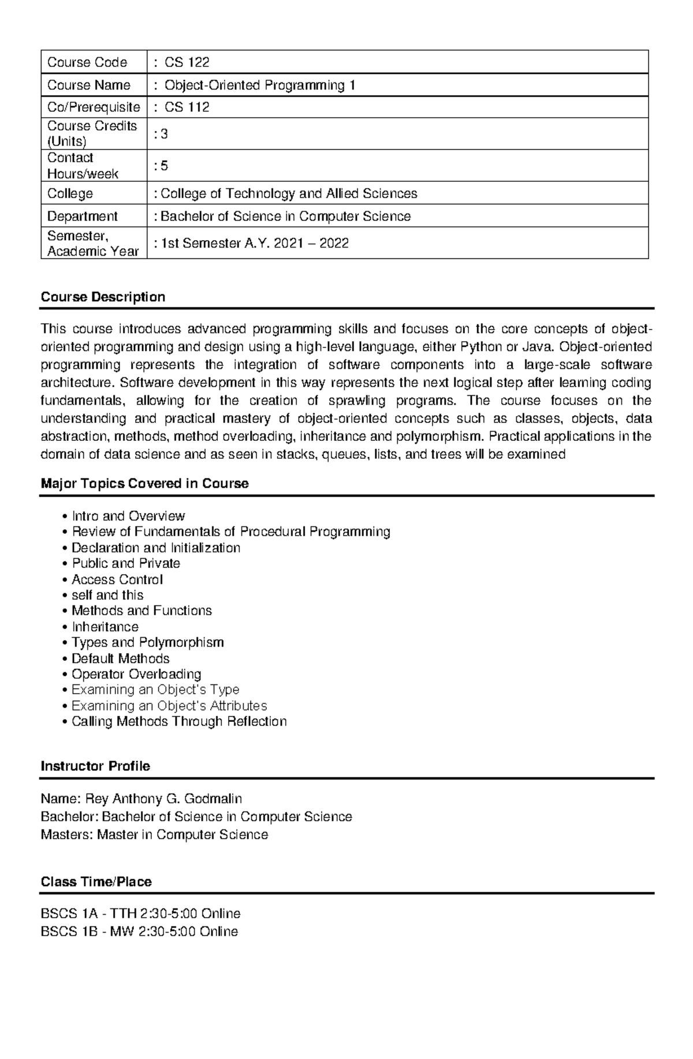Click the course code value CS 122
187,62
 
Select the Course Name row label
89,85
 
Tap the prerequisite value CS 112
187,107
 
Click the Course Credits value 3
164,134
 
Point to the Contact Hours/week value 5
164,166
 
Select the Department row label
82,216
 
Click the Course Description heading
103,297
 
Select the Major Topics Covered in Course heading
144,484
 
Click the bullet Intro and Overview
128,516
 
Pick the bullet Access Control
117,579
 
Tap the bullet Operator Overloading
136,674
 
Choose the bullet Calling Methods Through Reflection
178,721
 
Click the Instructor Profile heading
95,766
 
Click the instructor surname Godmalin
214,799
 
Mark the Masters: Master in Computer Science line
154,835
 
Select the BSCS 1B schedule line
139,931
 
